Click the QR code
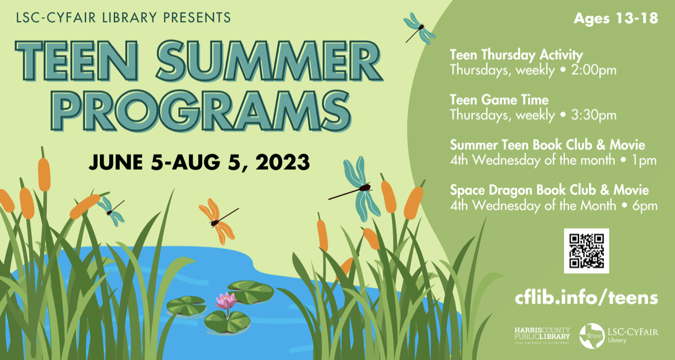pyautogui.click(x=586, y=251)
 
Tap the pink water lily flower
pyautogui.click(x=226, y=301)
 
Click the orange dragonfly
pyautogui.click(x=218, y=221)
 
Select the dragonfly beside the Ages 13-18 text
pyautogui.click(x=419, y=28)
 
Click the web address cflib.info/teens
pyautogui.click(x=586, y=297)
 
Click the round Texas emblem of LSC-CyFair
pyautogui.click(x=592, y=336)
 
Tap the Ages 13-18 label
pyautogui.click(x=616, y=19)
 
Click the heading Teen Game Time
pyautogui.click(x=499, y=100)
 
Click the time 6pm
pyautogui.click(x=645, y=205)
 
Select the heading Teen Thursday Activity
pyautogui.click(x=516, y=55)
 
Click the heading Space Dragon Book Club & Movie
pyautogui.click(x=549, y=190)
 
